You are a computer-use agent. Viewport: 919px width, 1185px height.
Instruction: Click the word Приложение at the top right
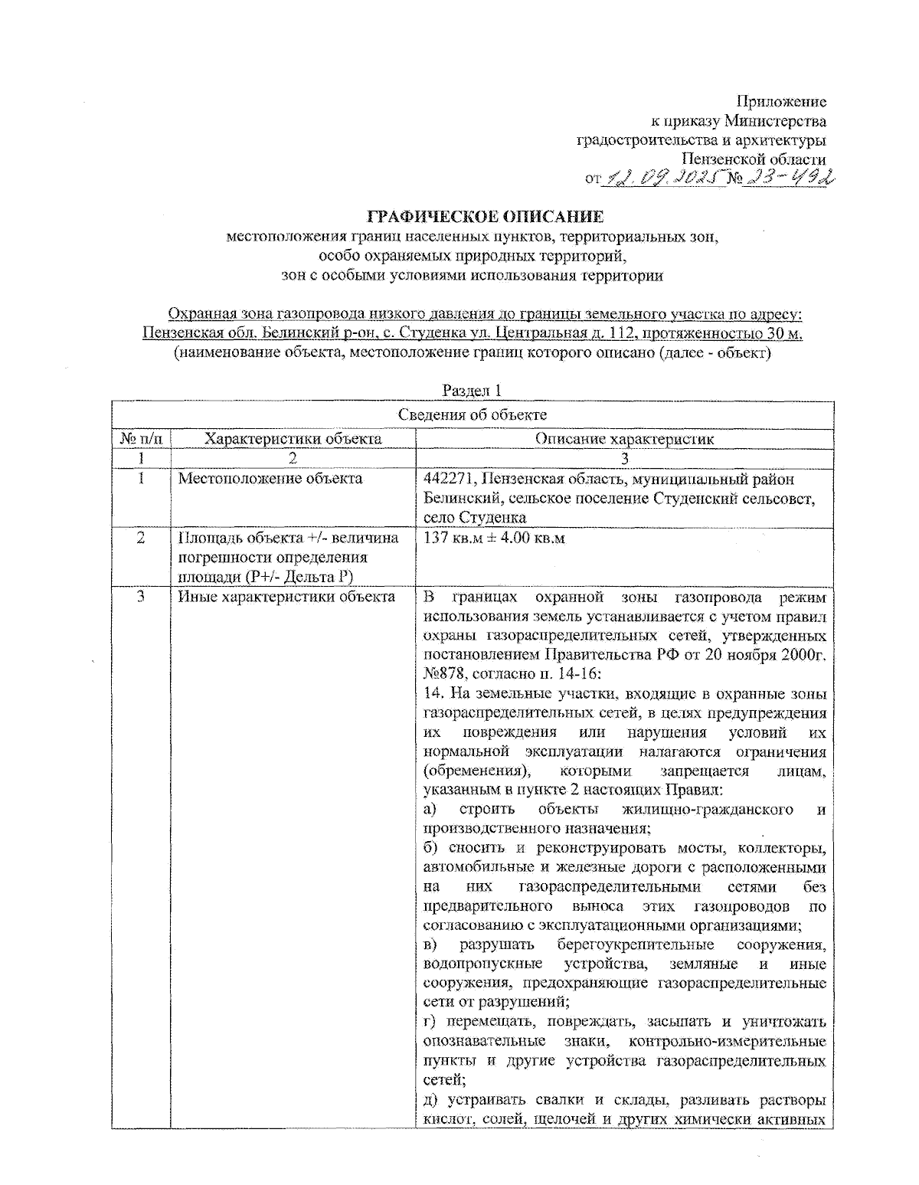click(x=781, y=101)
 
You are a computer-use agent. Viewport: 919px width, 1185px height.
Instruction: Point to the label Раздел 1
click(x=473, y=391)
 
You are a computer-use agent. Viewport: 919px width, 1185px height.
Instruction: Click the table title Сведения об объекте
click(x=473, y=415)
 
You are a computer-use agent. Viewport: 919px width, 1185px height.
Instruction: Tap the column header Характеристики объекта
click(x=293, y=439)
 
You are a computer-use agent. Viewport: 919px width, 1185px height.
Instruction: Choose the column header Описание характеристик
click(x=624, y=439)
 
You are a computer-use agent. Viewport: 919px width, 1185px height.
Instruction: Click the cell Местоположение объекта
click(x=270, y=479)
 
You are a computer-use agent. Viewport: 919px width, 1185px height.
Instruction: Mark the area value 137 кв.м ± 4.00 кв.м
click(x=494, y=538)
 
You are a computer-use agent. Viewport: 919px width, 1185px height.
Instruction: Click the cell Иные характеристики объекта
click(x=286, y=597)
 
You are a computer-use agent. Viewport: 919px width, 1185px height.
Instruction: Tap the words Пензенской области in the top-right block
click(x=754, y=159)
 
